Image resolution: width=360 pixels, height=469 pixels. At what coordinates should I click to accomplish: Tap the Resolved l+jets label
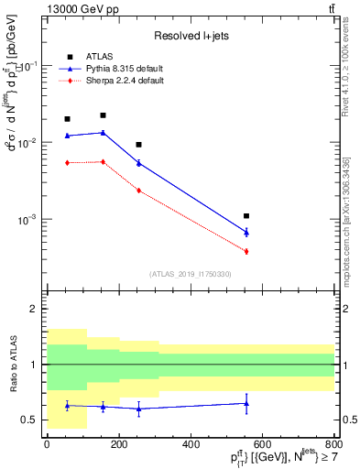tap(191, 36)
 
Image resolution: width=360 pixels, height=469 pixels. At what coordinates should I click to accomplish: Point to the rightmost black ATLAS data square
tap(246, 216)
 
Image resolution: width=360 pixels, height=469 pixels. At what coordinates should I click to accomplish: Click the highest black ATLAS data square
tap(103, 115)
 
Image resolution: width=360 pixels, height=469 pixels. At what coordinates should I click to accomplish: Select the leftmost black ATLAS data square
tap(67, 119)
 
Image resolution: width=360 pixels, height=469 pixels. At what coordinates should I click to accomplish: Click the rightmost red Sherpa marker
tap(246, 251)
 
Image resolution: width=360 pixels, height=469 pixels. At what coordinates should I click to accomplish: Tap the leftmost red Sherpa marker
tap(67, 163)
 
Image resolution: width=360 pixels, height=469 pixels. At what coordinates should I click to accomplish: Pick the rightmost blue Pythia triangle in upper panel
tap(246, 233)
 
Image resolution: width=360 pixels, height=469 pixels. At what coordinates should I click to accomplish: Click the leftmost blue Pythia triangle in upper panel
tap(67, 136)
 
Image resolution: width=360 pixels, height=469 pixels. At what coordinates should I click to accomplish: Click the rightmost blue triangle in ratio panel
tap(246, 403)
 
